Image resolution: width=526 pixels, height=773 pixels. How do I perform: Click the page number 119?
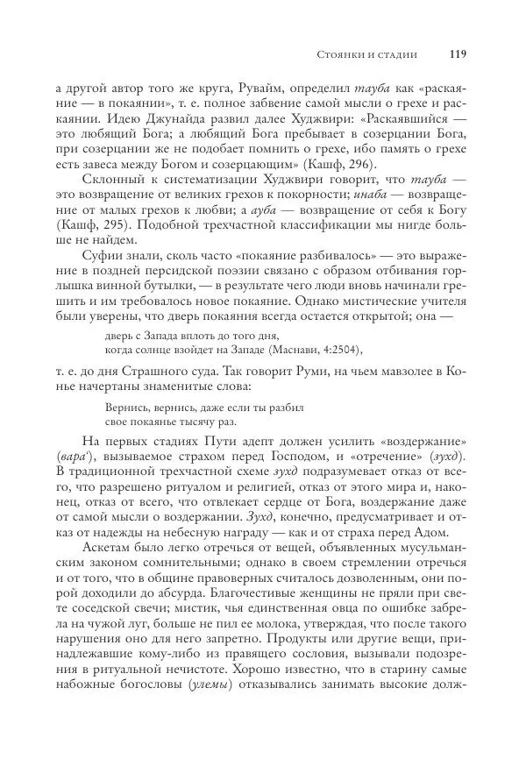[x=457, y=54]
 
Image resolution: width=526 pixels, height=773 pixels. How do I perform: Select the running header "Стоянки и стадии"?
[x=366, y=55]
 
